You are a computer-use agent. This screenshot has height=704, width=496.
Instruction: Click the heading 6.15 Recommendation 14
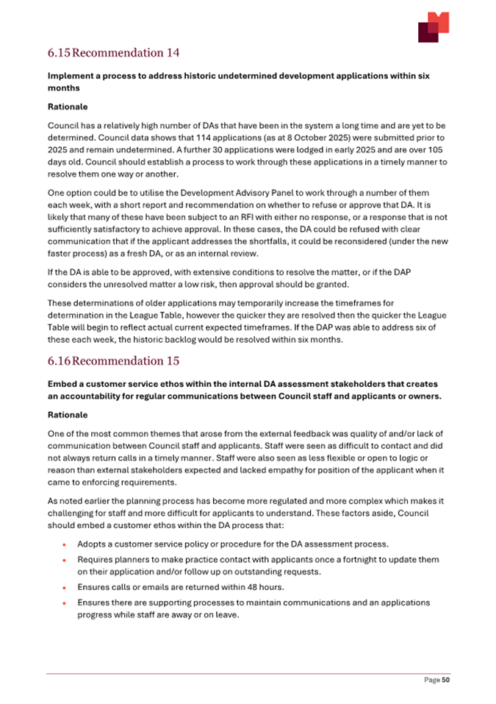113,53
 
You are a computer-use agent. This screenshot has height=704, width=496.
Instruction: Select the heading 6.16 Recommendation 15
113,361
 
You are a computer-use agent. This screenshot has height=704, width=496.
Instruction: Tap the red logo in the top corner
433,27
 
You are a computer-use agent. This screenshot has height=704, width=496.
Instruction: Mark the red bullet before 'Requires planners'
65,561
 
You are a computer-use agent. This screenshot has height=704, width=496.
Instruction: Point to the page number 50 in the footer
445,680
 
